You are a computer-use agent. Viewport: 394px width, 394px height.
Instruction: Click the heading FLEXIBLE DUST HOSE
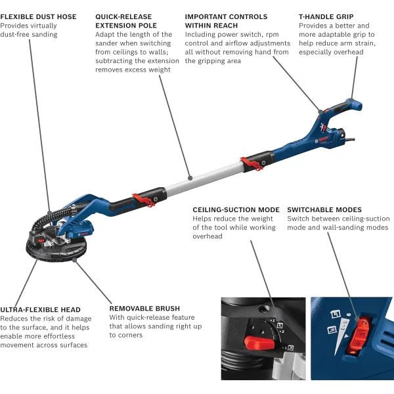click(x=38, y=16)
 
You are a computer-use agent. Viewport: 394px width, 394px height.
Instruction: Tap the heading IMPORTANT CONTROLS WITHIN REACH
click(x=226, y=20)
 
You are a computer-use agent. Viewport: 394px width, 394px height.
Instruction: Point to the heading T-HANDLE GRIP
click(x=326, y=16)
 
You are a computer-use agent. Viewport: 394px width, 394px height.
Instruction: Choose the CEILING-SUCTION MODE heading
click(x=236, y=210)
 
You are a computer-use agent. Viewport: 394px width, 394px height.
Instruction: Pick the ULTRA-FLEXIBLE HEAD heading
click(x=41, y=309)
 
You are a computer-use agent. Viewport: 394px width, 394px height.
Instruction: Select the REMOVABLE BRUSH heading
click(x=144, y=308)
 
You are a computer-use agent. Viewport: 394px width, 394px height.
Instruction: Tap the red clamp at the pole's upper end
click(x=249, y=160)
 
